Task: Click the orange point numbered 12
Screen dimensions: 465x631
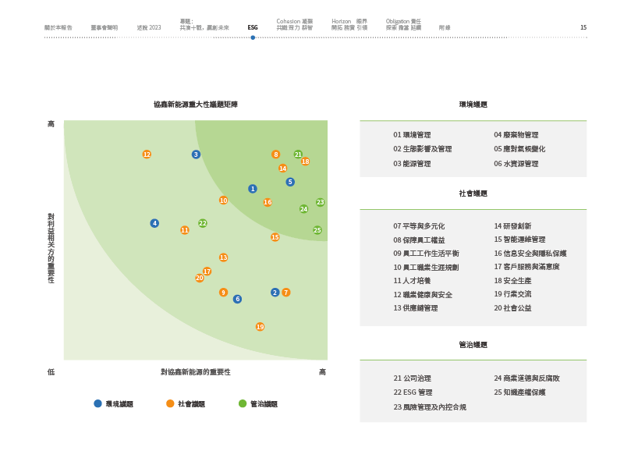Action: point(147,154)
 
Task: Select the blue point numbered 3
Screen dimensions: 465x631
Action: point(196,154)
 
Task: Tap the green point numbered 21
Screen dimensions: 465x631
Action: point(298,154)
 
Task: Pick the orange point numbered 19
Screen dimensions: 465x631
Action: point(260,327)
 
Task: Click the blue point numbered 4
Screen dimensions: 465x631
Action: point(154,223)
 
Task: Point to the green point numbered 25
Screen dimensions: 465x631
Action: point(317,230)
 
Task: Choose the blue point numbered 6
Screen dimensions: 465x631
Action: point(237,299)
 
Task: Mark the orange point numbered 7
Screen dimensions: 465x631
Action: point(286,293)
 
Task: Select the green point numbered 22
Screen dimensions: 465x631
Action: point(203,223)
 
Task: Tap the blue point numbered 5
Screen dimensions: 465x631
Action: point(290,182)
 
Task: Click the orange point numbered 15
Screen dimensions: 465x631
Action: point(275,237)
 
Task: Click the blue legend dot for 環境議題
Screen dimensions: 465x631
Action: point(97,403)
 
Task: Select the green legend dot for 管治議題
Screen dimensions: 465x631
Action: point(243,403)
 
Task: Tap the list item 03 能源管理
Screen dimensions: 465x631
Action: point(412,164)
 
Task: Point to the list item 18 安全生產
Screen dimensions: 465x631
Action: point(512,280)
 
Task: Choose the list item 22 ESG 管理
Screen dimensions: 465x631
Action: point(413,392)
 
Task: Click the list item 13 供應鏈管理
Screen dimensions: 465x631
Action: point(416,308)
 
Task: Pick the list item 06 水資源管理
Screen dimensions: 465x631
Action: point(516,164)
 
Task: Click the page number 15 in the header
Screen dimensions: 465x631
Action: point(583,27)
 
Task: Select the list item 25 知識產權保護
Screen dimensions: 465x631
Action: point(519,392)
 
